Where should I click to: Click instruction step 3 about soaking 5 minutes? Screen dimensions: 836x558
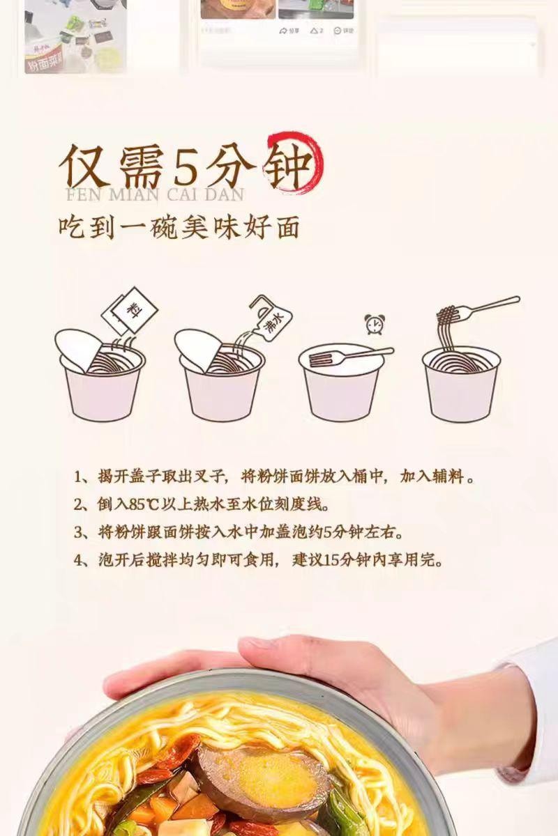pos(241,532)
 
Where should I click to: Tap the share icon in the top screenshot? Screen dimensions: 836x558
pos(289,31)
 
